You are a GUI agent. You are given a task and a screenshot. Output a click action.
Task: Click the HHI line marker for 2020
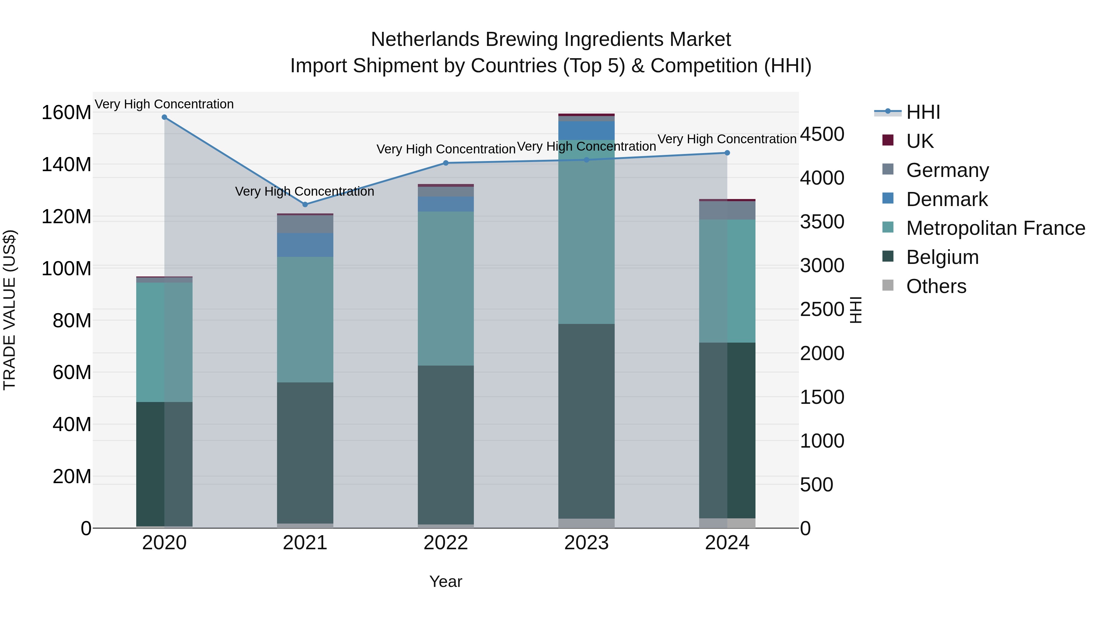[x=164, y=117]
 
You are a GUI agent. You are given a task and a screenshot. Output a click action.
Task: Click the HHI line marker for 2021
[x=305, y=205]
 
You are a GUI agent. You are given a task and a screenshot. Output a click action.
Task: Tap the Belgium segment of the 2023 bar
[x=586, y=422]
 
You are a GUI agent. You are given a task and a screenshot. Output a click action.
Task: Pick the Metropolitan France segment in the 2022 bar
[x=446, y=288]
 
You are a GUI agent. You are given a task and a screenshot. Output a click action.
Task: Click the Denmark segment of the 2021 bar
[x=305, y=245]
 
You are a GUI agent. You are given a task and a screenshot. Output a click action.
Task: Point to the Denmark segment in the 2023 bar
[x=586, y=130]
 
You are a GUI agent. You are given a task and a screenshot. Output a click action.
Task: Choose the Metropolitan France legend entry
[x=995, y=228]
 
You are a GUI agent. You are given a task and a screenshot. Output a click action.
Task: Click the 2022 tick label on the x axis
[x=446, y=543]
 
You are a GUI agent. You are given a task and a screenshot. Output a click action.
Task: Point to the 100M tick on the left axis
[x=66, y=269]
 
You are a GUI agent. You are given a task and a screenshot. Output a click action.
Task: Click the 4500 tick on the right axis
[x=822, y=134]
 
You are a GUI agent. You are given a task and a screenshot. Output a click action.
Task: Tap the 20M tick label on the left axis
[x=71, y=476]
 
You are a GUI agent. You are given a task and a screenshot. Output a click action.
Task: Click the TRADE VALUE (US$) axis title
[x=9, y=310]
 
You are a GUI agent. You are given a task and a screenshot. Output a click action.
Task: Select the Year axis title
[x=446, y=581]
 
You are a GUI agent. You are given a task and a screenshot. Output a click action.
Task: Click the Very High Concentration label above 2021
[x=305, y=191]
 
